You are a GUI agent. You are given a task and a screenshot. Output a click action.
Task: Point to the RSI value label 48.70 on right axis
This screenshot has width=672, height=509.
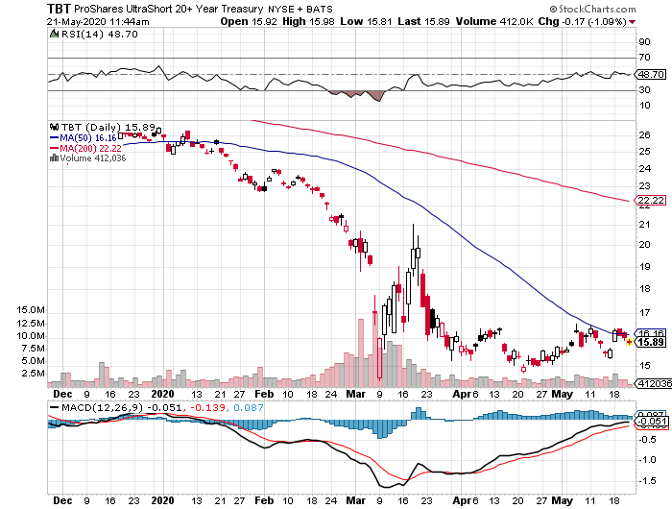tap(652, 73)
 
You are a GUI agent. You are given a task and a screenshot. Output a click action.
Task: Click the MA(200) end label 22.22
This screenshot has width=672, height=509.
tap(652, 200)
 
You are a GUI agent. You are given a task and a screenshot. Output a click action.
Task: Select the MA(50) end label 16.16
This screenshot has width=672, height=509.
tap(652, 333)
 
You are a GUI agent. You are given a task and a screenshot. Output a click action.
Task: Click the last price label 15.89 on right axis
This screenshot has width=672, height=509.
tap(652, 343)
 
